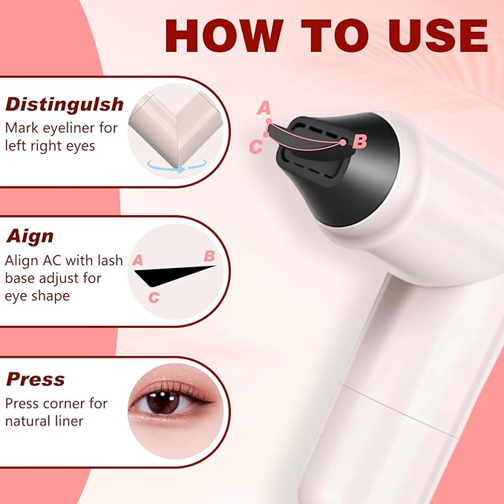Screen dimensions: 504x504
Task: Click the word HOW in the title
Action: click(x=224, y=36)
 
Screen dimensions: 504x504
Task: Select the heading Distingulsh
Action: click(x=65, y=105)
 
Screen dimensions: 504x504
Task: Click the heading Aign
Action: click(x=30, y=237)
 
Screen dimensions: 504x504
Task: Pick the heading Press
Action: click(x=36, y=379)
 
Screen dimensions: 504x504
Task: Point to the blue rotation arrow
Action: click(x=177, y=166)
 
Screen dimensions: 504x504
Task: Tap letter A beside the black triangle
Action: click(x=137, y=260)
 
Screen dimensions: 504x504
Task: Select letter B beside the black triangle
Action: click(x=209, y=256)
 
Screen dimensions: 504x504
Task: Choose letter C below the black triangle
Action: click(x=154, y=298)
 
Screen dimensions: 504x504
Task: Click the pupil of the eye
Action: click(x=163, y=402)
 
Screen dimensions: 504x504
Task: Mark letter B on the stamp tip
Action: click(x=359, y=141)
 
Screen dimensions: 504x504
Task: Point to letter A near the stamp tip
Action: click(x=264, y=108)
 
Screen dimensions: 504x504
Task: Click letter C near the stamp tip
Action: click(x=256, y=146)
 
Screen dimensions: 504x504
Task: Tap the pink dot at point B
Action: click(x=343, y=143)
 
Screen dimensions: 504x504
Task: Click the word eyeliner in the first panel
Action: click(x=69, y=128)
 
